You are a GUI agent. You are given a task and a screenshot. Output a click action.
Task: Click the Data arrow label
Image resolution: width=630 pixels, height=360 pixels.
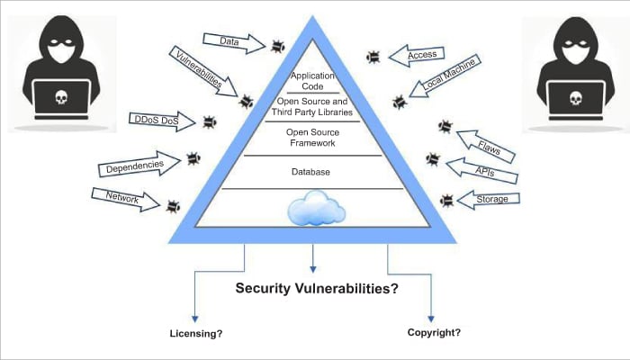click(x=230, y=40)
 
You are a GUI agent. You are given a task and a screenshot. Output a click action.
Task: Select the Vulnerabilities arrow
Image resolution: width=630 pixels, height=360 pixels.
click(x=202, y=71)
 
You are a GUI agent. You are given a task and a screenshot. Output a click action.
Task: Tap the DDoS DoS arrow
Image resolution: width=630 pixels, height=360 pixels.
click(x=162, y=120)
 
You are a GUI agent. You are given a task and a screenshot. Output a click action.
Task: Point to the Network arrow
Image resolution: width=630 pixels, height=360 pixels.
click(x=125, y=198)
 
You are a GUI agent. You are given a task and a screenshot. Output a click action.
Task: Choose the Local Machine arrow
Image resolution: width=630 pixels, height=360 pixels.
click(x=447, y=76)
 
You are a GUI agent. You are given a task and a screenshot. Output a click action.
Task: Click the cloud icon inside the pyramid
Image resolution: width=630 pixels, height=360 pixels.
click(x=315, y=210)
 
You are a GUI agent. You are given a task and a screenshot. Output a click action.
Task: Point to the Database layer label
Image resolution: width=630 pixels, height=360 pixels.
click(x=310, y=172)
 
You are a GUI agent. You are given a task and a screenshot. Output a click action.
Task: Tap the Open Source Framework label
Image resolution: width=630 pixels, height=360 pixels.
click(x=311, y=137)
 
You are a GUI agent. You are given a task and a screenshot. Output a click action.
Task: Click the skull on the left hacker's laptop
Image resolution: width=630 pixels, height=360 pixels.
click(x=60, y=96)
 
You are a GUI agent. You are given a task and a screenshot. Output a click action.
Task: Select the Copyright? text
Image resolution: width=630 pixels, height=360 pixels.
click(x=434, y=332)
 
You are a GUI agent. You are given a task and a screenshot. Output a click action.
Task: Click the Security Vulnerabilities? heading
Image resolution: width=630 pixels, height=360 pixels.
click(x=317, y=289)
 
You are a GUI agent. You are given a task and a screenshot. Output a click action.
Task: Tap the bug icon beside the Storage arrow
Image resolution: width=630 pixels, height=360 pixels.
click(x=446, y=200)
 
